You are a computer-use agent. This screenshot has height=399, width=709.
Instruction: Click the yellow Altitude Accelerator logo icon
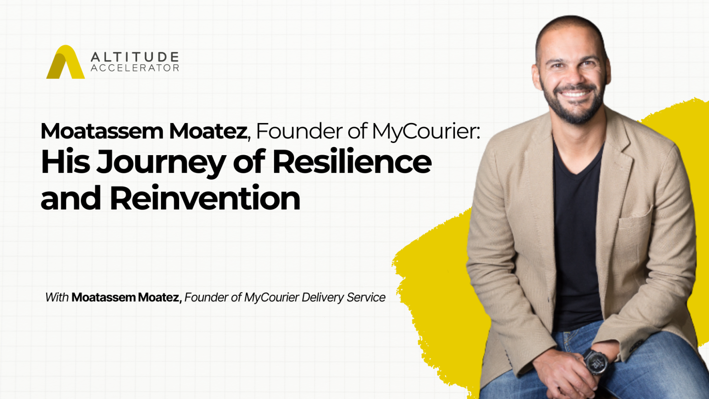tap(65, 62)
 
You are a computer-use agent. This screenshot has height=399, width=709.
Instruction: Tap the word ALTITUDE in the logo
tap(135, 57)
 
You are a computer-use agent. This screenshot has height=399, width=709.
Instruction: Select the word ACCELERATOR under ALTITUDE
tap(135, 68)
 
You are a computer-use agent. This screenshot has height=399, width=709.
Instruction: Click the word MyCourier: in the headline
tap(426, 132)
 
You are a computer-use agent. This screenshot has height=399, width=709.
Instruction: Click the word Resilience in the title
tap(352, 161)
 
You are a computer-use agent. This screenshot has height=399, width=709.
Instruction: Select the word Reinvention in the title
tap(205, 198)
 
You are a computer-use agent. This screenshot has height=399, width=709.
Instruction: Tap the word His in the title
tap(65, 161)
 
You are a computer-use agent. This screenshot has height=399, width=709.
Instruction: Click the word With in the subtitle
tap(57, 297)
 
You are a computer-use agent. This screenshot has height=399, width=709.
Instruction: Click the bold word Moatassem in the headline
tap(102, 131)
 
